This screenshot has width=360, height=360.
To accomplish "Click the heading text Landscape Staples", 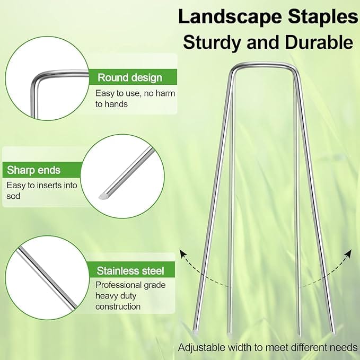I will (x=268, y=16).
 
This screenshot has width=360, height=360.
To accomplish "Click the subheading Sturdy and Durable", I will (x=268, y=42).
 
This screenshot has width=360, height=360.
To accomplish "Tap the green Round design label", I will (x=129, y=77).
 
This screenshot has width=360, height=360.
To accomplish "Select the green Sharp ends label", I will (x=34, y=170).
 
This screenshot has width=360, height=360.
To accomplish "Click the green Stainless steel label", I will (x=130, y=271).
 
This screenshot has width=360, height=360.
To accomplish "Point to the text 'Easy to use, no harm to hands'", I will (x=135, y=99).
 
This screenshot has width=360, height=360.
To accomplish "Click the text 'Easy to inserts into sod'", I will (x=41, y=191).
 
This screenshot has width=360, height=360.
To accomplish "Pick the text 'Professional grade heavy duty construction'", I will (x=130, y=296).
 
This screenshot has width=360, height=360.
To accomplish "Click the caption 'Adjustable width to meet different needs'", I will (x=268, y=347).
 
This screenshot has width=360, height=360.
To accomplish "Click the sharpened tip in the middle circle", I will (x=104, y=195).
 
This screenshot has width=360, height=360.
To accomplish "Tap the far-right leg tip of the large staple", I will (x=333, y=332).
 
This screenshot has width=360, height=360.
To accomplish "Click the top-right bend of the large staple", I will (x=295, y=69).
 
